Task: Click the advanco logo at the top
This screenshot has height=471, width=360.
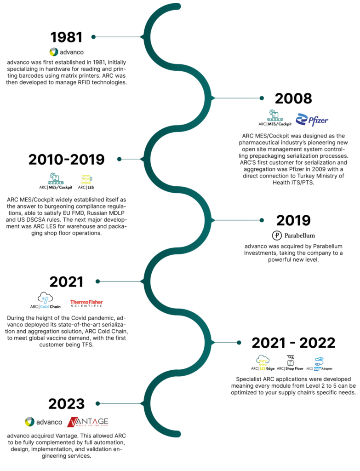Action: click(67, 52)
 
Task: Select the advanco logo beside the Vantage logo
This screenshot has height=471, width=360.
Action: click(43, 422)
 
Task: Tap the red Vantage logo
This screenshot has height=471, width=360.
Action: click(88, 422)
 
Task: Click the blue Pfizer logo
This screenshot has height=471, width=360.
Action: click(312, 120)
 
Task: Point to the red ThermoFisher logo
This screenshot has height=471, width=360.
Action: click(86, 302)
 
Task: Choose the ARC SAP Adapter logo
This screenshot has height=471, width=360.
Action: click(319, 364)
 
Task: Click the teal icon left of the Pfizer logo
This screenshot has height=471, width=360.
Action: click(275, 115)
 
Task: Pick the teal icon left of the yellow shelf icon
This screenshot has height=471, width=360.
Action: click(56, 178)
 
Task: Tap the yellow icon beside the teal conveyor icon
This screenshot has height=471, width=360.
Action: click(86, 179)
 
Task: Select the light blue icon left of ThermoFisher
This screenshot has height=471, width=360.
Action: click(45, 302)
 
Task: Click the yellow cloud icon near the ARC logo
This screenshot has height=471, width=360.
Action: click(263, 362)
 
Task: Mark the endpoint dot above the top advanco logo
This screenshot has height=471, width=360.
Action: click(93, 37)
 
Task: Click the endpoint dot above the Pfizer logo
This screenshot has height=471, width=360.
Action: click(262, 98)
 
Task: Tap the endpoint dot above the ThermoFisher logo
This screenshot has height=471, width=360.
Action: click(97, 281)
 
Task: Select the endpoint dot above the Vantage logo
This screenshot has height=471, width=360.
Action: click(97, 403)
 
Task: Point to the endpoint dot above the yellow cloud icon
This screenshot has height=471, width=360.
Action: click(239, 342)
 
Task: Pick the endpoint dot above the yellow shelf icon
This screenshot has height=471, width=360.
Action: click(119, 159)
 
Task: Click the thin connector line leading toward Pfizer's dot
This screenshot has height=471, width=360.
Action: click(237, 98)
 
